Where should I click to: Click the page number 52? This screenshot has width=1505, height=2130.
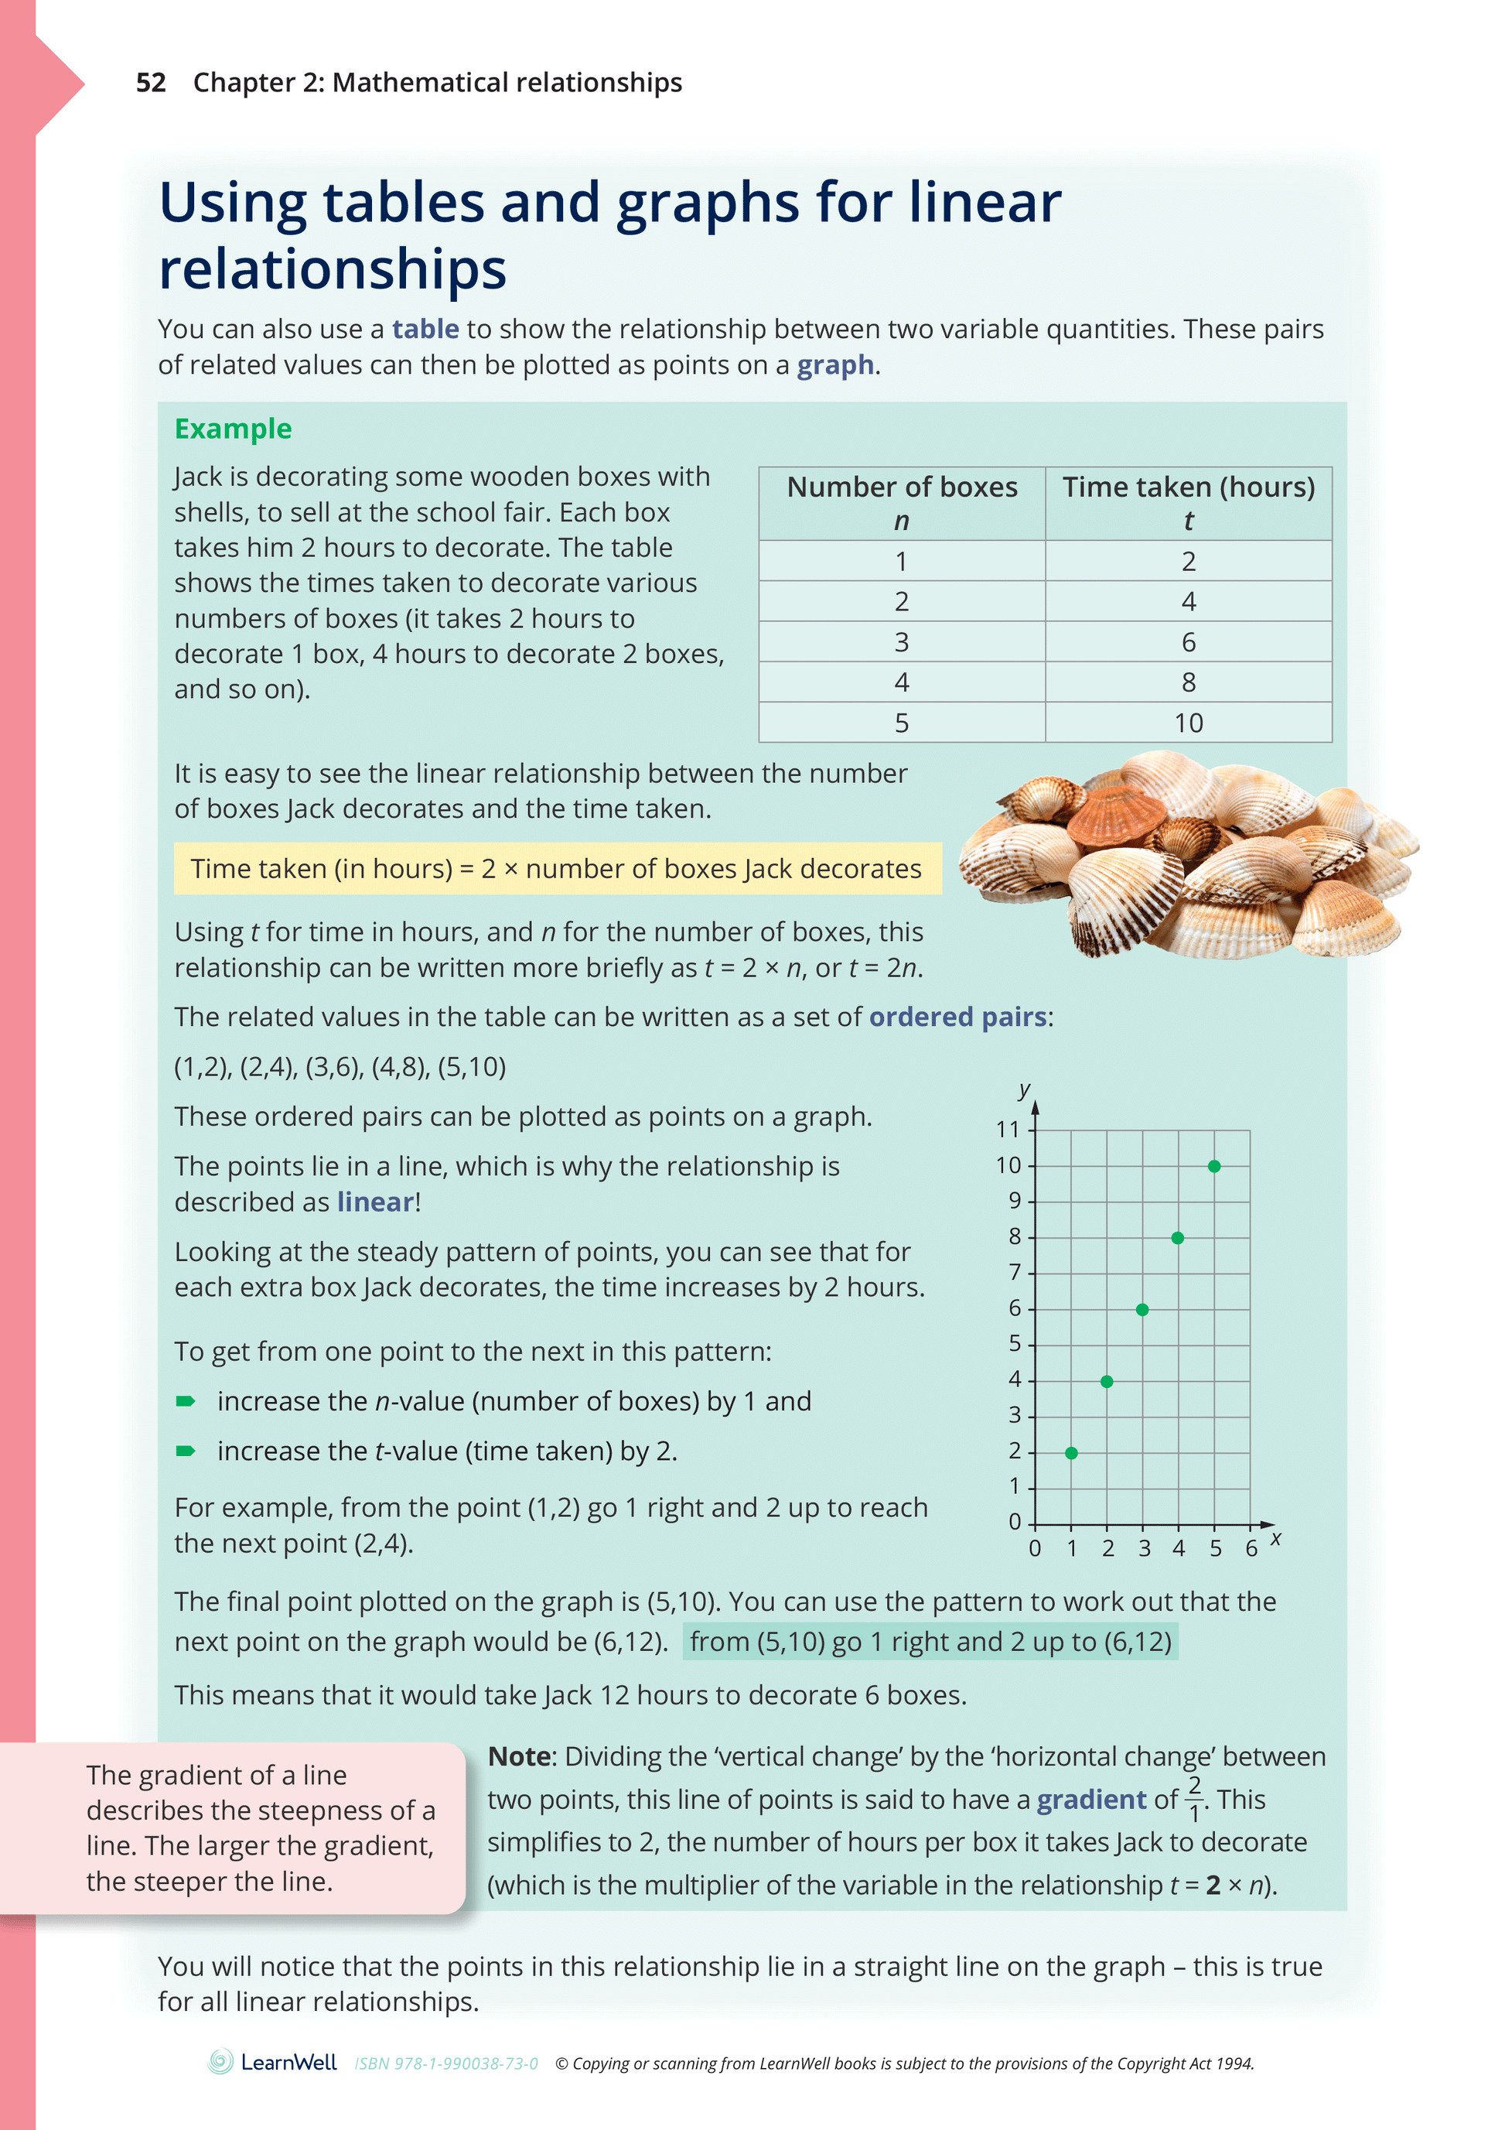point(150,83)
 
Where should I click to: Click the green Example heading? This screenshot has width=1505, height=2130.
point(233,429)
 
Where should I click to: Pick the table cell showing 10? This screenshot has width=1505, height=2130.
point(1188,723)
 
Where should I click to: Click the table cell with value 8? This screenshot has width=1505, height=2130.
point(1188,682)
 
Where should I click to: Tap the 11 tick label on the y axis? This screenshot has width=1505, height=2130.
point(1007,1129)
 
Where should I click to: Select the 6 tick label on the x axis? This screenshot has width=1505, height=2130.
point(1251,1548)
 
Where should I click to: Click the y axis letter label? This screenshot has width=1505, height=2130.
point(1024,1089)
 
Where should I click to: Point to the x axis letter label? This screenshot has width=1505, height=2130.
point(1276,1538)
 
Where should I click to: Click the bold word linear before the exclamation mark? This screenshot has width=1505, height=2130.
point(374,1202)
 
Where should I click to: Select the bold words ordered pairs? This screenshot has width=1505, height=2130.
point(957,1017)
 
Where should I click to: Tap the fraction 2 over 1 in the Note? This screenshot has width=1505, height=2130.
point(1194,1799)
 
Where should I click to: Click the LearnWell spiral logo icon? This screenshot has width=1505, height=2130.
point(220,2061)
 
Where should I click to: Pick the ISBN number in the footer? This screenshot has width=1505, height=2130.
point(446,2063)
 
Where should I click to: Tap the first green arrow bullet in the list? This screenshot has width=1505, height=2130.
point(186,1401)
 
